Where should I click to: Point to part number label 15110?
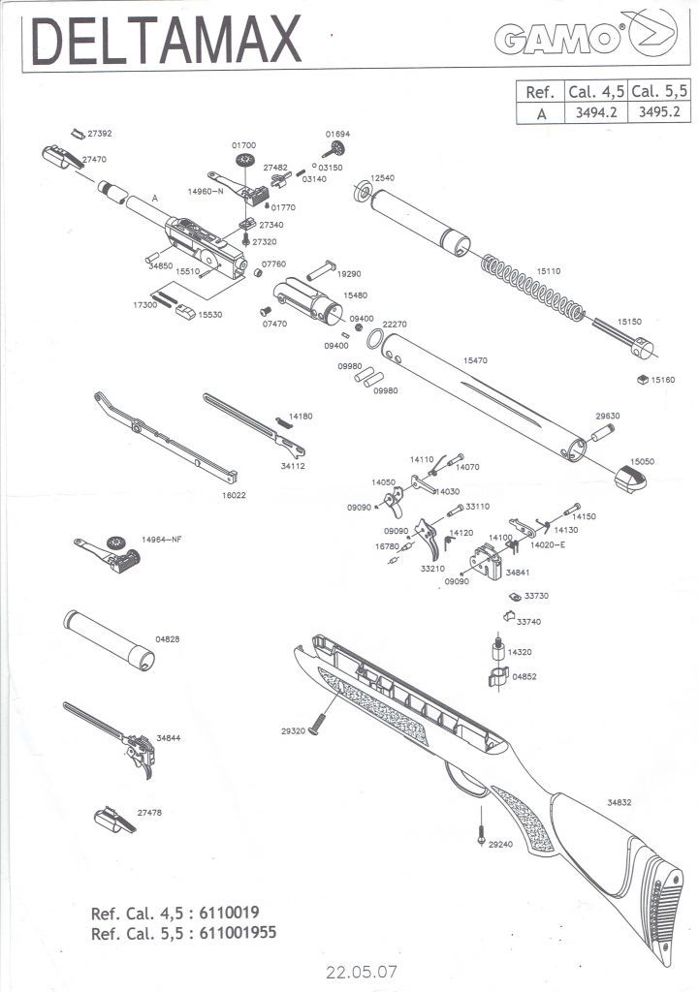(549, 272)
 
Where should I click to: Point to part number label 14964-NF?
(162, 539)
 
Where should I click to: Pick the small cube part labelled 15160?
(641, 379)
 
